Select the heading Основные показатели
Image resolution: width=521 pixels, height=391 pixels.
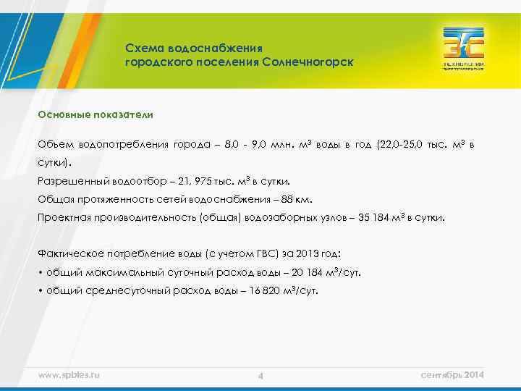(x=96, y=114)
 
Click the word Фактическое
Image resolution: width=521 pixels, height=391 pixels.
(x=69, y=254)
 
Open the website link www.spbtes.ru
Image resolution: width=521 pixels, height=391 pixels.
(x=69, y=374)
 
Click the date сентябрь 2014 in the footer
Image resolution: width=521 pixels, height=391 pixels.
(x=452, y=374)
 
